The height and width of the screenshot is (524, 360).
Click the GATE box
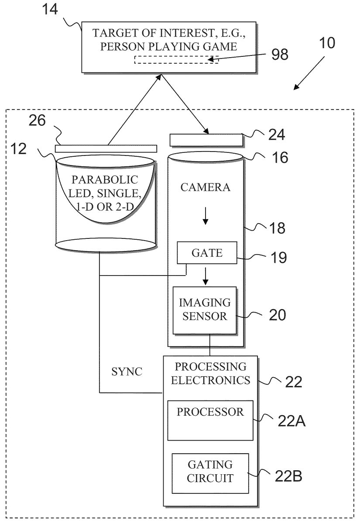(207, 253)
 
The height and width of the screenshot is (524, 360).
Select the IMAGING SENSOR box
(205, 310)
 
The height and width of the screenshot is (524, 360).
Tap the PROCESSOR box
(210, 420)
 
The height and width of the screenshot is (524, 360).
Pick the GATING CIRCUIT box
(210, 472)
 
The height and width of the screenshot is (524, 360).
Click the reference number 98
(280, 55)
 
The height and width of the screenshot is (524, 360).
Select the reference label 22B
(288, 476)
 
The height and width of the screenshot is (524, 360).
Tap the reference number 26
(37, 121)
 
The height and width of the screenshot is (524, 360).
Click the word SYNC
(127, 371)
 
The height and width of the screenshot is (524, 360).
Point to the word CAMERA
(205, 188)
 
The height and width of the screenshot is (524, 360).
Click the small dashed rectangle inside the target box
(176, 60)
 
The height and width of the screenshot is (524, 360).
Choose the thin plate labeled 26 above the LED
(106, 148)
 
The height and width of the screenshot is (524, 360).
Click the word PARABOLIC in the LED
(105, 179)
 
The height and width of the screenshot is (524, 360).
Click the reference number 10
(327, 43)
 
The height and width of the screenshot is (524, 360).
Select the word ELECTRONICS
(210, 380)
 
